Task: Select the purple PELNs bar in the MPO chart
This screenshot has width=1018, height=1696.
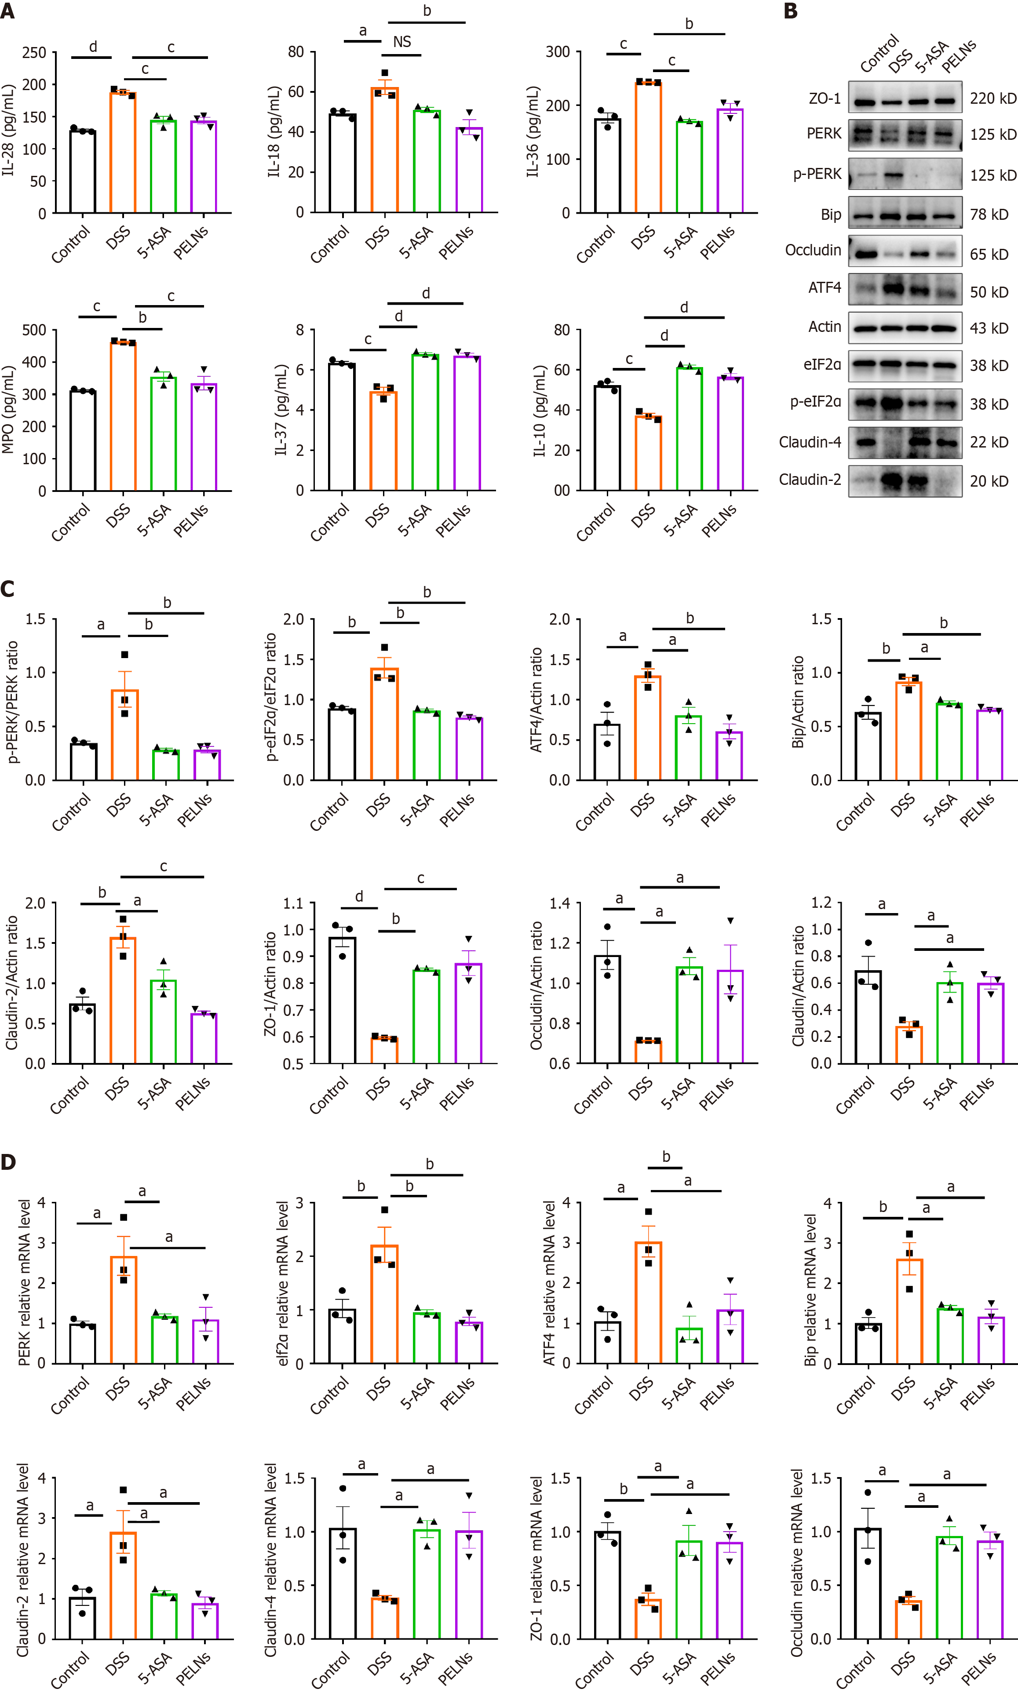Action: pos(204,437)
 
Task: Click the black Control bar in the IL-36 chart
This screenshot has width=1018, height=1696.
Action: pos(607,166)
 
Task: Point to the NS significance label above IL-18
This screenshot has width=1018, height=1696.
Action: pos(402,42)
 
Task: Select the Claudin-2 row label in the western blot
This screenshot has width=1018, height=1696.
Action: pos(810,479)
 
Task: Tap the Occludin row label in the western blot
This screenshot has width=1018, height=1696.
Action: pos(813,250)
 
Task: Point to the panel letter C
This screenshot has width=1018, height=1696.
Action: pos(8,589)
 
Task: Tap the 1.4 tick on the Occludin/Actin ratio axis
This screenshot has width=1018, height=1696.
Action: pos(560,903)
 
